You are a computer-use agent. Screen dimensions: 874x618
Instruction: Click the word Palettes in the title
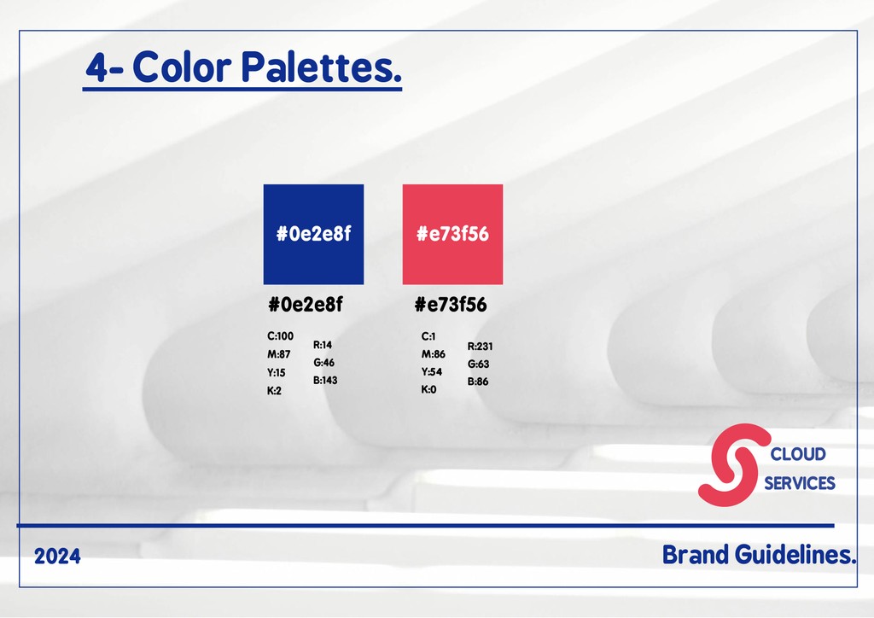coord(321,67)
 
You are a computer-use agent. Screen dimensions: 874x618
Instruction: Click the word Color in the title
coord(182,67)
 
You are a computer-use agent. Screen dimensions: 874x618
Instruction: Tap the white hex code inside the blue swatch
coord(314,234)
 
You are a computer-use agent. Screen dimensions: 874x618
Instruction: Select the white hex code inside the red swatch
coord(452,234)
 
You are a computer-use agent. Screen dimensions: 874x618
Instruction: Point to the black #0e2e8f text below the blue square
coord(306,304)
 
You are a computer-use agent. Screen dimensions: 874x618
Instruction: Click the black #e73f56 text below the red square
coord(451,304)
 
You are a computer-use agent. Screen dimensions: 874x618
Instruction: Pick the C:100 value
coord(280,336)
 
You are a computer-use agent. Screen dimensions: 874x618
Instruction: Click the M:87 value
coord(279,354)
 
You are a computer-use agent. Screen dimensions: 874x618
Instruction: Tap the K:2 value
coord(274,391)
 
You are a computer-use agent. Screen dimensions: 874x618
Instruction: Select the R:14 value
coord(323,345)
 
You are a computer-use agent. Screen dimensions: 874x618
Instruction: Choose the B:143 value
coord(325,380)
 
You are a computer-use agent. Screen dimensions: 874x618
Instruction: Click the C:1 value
coord(428,336)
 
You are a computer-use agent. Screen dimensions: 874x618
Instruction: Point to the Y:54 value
coord(432,371)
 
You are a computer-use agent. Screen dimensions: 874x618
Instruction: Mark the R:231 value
coord(480,346)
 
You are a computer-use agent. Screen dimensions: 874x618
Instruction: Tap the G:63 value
coord(478,364)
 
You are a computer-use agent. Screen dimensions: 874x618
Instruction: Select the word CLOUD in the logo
coord(798,454)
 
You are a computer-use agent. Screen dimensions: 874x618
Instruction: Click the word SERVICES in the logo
coord(799,483)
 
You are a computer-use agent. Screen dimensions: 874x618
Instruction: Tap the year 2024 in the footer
coord(57,557)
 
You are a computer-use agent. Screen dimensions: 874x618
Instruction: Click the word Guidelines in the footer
coord(795,555)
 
